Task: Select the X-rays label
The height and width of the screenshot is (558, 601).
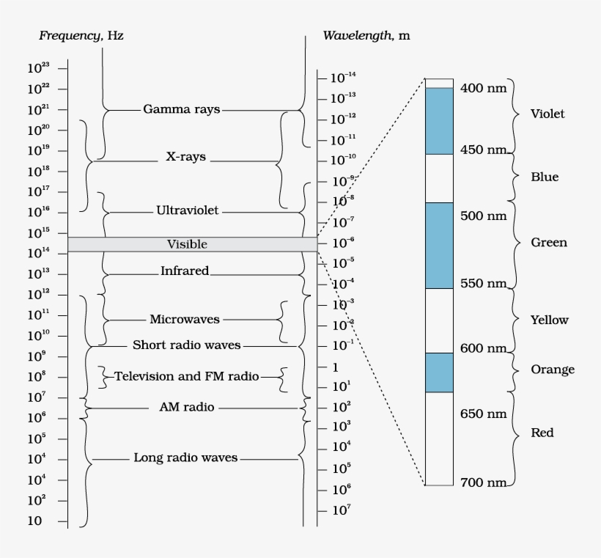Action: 185,157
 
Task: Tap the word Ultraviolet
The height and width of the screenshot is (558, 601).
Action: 188,210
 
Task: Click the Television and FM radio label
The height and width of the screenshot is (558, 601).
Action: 187,376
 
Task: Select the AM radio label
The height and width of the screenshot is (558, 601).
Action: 186,407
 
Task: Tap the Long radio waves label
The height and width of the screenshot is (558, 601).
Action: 185,458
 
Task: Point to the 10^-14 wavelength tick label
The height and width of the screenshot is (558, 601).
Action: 342,77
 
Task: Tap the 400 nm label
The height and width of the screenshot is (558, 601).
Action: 483,88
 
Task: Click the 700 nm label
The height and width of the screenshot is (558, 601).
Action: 483,482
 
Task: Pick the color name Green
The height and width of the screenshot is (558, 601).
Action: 549,243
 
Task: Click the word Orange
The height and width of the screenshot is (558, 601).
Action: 552,370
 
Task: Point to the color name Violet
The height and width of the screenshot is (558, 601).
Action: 547,114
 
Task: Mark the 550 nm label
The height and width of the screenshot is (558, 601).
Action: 483,283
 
